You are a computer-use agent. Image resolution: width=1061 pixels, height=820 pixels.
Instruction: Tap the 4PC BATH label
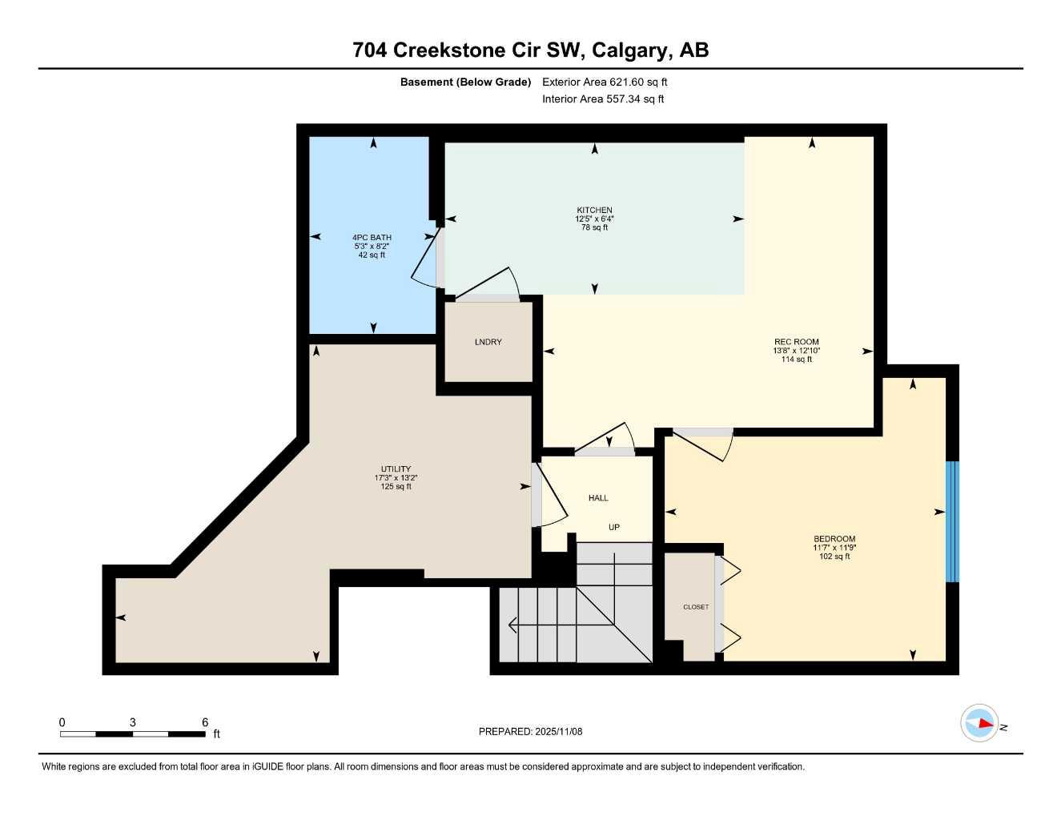tap(372, 237)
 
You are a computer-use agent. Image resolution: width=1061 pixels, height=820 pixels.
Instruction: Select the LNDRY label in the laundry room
tap(488, 342)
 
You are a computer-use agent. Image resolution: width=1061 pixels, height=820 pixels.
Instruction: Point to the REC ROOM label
tap(796, 342)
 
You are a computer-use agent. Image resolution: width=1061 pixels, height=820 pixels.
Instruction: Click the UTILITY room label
tap(396, 469)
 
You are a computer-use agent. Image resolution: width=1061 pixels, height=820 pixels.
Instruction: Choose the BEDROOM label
tap(834, 539)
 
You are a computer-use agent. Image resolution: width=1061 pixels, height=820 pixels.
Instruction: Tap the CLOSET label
tap(695, 607)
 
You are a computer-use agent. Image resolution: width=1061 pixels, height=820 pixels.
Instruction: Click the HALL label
tap(598, 498)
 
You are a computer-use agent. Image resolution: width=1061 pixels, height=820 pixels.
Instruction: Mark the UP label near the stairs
tap(613, 527)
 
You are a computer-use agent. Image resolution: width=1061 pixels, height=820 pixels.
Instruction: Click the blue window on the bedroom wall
tap(951, 521)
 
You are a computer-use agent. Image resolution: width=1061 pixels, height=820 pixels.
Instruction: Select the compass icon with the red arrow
tap(979, 723)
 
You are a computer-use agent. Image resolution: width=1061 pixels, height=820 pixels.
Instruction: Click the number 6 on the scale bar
tap(205, 722)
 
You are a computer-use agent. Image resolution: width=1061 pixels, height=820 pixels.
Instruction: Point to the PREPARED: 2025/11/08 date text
tap(530, 731)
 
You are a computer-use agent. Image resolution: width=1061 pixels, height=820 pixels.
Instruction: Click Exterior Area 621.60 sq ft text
tap(605, 82)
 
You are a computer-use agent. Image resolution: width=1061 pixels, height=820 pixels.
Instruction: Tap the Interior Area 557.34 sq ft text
tap(603, 99)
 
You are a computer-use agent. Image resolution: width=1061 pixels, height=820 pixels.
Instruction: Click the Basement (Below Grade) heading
tap(465, 82)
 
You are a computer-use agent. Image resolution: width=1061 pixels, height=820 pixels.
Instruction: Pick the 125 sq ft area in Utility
tap(396, 487)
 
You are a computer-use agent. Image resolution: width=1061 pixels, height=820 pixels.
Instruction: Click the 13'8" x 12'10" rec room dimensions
tap(796, 351)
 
